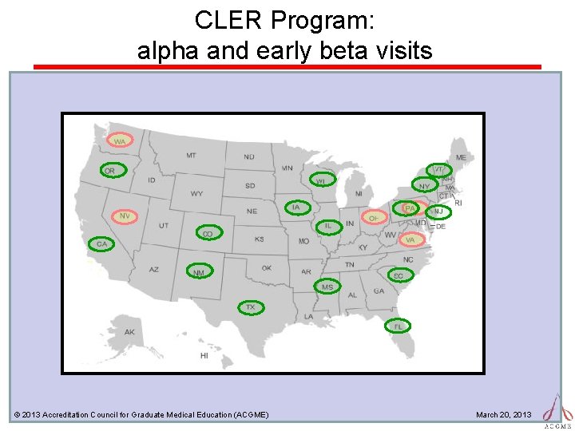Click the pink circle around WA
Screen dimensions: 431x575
(121, 141)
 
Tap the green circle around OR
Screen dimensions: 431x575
(110, 171)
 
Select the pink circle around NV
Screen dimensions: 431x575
(124, 216)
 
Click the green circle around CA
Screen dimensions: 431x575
(101, 243)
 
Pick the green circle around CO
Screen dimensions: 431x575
(208, 233)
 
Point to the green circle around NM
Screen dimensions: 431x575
(199, 271)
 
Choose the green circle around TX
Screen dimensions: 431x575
(250, 307)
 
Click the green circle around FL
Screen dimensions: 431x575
(398, 326)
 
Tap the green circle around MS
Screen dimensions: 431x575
(327, 286)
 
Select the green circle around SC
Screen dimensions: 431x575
(399, 275)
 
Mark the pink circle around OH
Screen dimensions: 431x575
(373, 217)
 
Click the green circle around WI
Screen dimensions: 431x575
(322, 180)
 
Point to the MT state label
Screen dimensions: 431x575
(191, 156)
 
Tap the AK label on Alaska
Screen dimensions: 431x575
(130, 332)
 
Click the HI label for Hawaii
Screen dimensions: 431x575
(204, 355)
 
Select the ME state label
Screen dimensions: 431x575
(461, 158)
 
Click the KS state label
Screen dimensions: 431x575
(259, 239)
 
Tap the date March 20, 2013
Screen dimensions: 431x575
(503, 414)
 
